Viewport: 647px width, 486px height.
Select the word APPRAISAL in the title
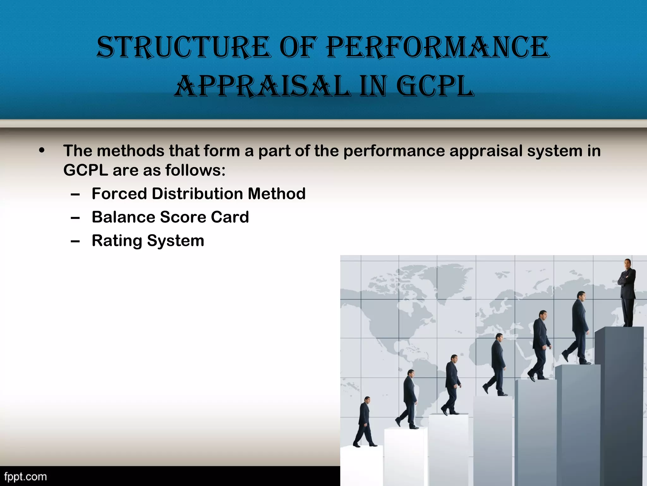[262, 86]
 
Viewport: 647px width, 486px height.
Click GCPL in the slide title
[435, 86]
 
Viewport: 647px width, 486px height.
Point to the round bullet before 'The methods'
[42, 151]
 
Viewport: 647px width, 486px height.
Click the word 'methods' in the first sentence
[130, 151]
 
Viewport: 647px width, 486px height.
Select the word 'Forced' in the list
[119, 194]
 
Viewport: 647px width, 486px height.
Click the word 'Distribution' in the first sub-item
[197, 194]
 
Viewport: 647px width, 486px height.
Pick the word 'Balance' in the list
[123, 217]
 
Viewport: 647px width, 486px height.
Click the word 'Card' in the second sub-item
[230, 217]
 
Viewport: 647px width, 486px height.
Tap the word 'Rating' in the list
[117, 241]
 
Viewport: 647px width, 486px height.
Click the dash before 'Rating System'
[75, 242]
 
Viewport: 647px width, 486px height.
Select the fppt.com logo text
[25, 477]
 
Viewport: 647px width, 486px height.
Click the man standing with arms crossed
[627, 293]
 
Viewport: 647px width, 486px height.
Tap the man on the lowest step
[365, 422]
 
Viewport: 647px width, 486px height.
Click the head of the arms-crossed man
[627, 263]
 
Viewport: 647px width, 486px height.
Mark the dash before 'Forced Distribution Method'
[75, 195]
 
